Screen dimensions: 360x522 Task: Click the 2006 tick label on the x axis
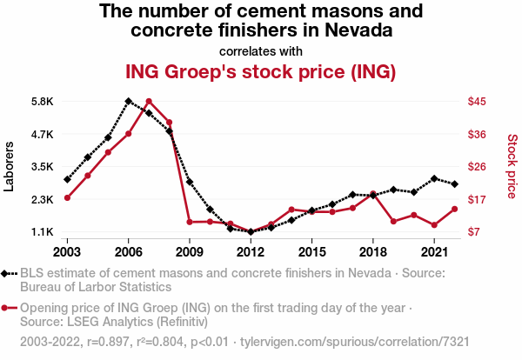pos(128,251)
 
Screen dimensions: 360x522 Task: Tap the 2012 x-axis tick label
pos(251,251)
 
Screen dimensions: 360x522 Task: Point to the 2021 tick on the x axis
pos(434,251)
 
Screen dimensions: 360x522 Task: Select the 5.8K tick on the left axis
pos(41,102)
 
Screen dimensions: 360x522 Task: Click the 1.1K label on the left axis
pos(41,232)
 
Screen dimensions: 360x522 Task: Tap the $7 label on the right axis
pos(474,232)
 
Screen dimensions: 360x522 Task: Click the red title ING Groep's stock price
pos(261,70)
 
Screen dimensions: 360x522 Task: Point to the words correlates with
pos(261,50)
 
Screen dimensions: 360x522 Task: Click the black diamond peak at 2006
pos(128,101)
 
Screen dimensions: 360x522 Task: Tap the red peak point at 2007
pos(149,102)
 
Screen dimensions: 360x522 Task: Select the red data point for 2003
pos(67,197)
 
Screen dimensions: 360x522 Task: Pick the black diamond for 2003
pos(67,179)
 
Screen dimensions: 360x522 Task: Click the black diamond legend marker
pos(9,273)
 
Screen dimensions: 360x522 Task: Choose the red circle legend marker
pos(9,308)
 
